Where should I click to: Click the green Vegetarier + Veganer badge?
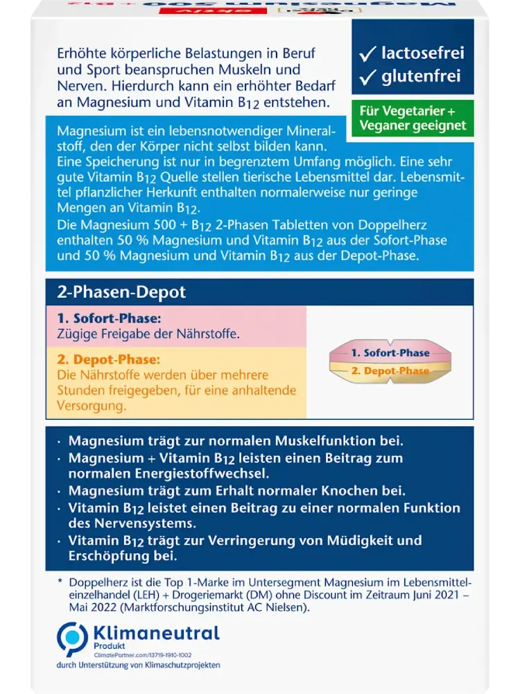413,119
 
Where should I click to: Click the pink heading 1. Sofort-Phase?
109,319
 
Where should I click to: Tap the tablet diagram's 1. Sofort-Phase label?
390,353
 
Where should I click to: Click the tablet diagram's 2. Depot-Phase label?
390,371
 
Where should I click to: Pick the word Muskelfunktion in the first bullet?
331,441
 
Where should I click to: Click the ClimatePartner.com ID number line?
142,654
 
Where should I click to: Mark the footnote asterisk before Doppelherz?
60,582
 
